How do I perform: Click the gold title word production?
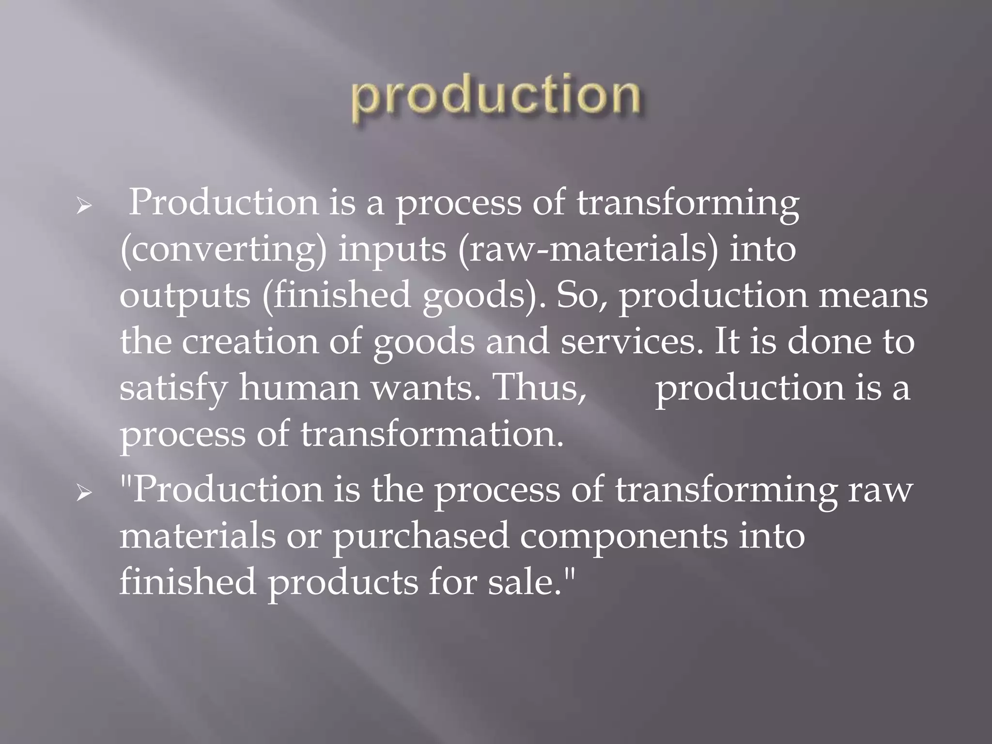click(x=496, y=97)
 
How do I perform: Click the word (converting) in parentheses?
click(x=223, y=250)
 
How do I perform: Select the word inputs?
click(x=391, y=250)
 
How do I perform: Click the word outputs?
click(x=185, y=295)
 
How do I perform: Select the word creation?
click(x=250, y=341)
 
